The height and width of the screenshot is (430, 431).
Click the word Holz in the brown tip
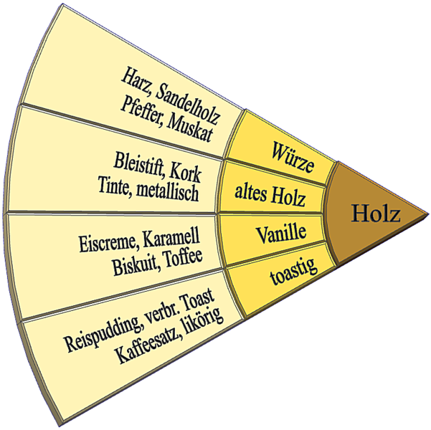coord(375,214)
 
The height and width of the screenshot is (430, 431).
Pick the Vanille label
coord(281,233)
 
